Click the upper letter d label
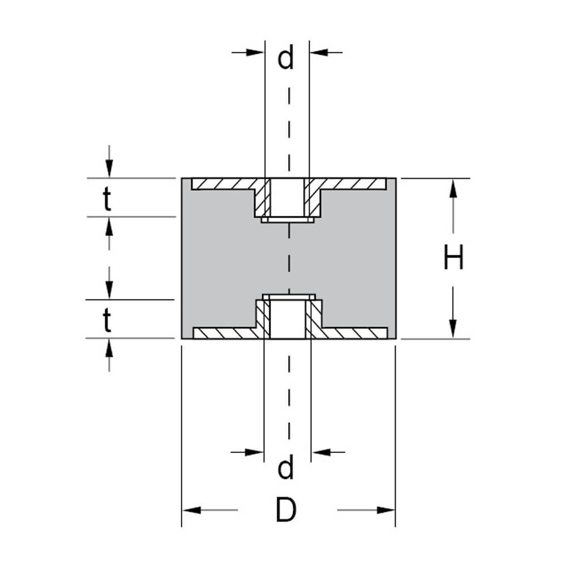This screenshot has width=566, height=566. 286,58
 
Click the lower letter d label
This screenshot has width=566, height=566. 286,468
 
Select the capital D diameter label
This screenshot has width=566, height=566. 286,511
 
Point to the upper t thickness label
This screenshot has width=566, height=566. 107,201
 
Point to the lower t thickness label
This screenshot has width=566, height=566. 107,321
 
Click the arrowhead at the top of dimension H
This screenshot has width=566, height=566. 453,187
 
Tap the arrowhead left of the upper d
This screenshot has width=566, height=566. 257,52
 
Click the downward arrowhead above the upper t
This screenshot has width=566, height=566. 109,169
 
